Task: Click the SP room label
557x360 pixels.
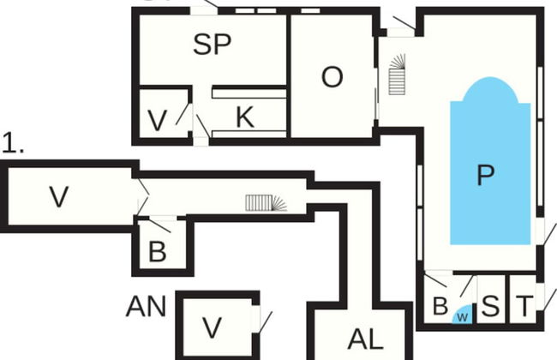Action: [213, 45]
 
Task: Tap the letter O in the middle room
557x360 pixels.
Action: [332, 77]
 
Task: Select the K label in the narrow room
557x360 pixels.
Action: [245, 117]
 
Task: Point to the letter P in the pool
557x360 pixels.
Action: [485, 175]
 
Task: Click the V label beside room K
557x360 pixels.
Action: [156, 121]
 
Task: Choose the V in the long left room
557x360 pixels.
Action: [58, 197]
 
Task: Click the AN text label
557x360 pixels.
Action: [146, 306]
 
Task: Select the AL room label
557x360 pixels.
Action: [365, 338]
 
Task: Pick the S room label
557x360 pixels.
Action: [490, 305]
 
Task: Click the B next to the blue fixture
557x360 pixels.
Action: [440, 305]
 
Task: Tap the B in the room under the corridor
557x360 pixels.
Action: [157, 252]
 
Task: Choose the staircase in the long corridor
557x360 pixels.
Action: [267, 202]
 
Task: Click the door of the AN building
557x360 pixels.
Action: [262, 321]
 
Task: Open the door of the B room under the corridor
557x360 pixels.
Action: [158, 225]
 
